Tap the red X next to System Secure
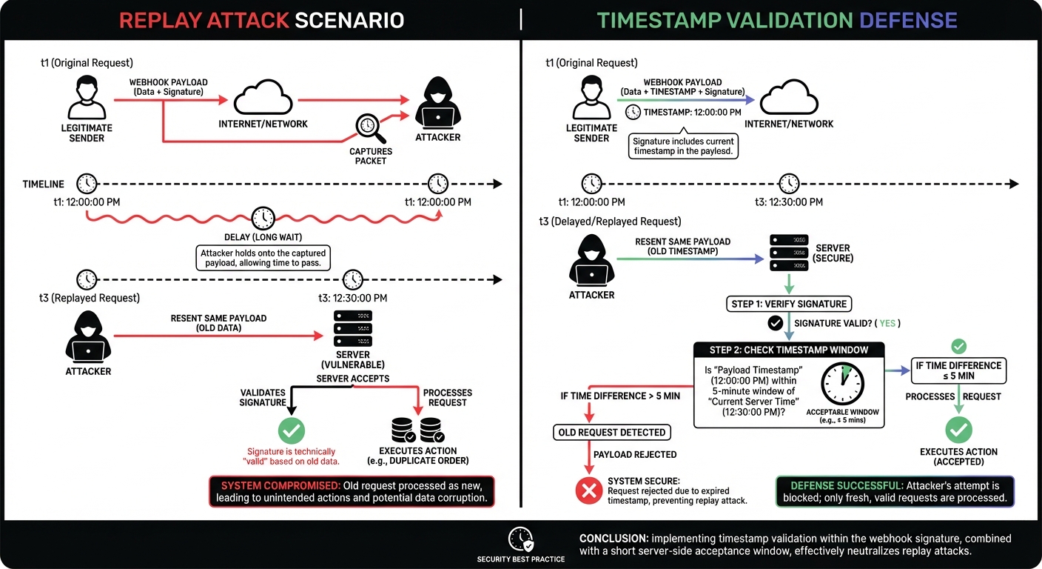pyautogui.click(x=589, y=490)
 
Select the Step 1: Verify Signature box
pyautogui.click(x=788, y=303)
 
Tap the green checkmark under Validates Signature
pyautogui.click(x=291, y=430)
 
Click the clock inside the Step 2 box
pyautogui.click(x=842, y=382)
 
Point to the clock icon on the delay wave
pyautogui.click(x=263, y=218)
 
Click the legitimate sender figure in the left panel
pyautogui.click(x=87, y=97)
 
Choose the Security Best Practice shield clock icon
pyautogui.click(x=522, y=539)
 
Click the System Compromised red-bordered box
pyautogui.click(x=352, y=491)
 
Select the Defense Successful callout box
pyautogui.click(x=894, y=491)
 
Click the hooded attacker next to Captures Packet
pyautogui.click(x=437, y=106)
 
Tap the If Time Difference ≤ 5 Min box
pyautogui.click(x=958, y=370)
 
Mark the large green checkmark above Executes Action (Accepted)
pyautogui.click(x=959, y=430)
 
